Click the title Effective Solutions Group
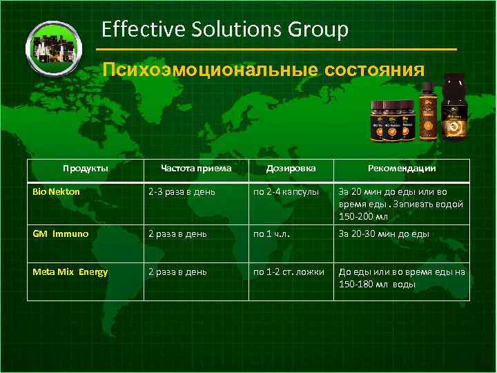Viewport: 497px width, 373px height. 224,30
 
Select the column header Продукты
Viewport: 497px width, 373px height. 85,168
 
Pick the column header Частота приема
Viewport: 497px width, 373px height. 195,168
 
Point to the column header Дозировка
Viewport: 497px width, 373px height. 291,168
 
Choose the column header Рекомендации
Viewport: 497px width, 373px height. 401,168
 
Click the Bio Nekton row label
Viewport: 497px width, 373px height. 57,191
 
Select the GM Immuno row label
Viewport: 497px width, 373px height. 61,233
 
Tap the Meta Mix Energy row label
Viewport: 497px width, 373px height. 70,271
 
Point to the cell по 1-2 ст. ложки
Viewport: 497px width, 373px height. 289,271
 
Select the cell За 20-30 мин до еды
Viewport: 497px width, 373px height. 384,233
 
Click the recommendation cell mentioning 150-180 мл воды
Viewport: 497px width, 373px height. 401,278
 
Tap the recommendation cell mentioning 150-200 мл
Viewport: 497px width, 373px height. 401,204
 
